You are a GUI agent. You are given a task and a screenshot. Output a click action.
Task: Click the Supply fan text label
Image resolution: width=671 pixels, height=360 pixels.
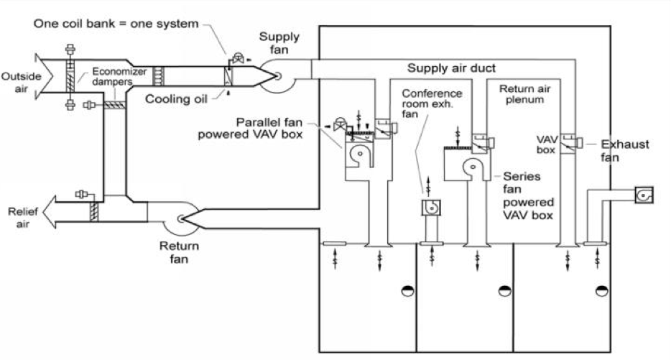click(x=279, y=43)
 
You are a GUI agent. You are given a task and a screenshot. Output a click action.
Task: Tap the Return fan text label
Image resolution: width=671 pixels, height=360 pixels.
click(x=180, y=252)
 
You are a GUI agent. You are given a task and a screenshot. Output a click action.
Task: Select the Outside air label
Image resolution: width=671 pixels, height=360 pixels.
click(x=21, y=83)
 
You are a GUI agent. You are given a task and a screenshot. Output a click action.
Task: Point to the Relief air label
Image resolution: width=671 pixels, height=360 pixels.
click(x=23, y=218)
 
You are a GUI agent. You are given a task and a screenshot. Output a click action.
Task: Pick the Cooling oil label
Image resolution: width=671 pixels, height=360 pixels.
click(x=176, y=99)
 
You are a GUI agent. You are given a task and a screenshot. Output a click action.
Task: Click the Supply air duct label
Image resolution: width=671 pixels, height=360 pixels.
click(x=451, y=68)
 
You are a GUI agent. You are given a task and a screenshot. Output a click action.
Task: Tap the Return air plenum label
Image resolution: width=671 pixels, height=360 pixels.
click(x=524, y=94)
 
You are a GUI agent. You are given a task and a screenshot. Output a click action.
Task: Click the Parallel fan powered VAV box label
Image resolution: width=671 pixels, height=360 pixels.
click(x=250, y=128)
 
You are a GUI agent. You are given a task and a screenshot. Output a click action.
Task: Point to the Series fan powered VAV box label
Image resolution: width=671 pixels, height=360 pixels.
click(x=528, y=195)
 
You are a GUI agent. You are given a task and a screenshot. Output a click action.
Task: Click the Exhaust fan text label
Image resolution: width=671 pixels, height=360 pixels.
click(x=625, y=151)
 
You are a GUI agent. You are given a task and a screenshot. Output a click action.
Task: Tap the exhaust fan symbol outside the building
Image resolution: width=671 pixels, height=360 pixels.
click(x=643, y=195)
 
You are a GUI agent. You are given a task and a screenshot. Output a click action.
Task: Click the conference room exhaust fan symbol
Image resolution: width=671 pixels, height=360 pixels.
click(x=430, y=208)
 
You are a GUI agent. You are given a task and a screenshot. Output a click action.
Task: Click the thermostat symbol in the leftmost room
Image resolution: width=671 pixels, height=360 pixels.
click(x=408, y=291)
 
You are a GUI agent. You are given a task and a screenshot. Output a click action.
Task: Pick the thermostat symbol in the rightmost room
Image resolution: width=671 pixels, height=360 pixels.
click(x=602, y=291)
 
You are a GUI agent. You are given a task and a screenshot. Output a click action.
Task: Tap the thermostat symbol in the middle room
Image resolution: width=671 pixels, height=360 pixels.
click(x=505, y=291)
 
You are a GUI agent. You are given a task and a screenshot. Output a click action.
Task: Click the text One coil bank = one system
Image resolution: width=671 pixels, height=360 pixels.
click(x=116, y=24)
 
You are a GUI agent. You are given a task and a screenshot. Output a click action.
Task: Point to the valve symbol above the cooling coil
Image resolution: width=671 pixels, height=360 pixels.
click(x=238, y=57)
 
